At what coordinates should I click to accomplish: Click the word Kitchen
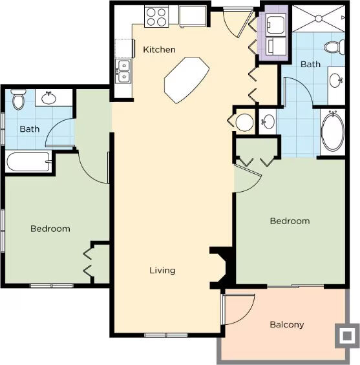click(159, 50)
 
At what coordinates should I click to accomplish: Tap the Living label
click(162, 270)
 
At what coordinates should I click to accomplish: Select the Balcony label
click(287, 324)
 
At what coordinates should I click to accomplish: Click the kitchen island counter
click(187, 80)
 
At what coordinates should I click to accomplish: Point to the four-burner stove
click(156, 17)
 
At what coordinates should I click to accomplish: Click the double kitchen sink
click(123, 71)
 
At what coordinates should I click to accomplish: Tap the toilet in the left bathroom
click(18, 99)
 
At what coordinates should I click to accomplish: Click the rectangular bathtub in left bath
click(29, 162)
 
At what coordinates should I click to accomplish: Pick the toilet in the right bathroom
click(334, 47)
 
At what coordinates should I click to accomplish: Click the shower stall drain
click(319, 18)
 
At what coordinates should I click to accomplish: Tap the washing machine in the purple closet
click(276, 24)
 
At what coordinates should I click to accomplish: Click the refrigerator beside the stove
click(193, 16)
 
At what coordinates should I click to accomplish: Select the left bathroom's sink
click(48, 98)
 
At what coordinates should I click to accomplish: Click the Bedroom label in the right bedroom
click(290, 221)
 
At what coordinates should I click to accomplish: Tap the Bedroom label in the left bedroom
click(50, 229)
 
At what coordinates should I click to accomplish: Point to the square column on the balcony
click(347, 335)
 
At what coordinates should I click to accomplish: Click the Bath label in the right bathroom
click(310, 64)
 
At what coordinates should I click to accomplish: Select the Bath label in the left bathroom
click(30, 129)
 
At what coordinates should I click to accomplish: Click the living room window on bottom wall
click(166, 335)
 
